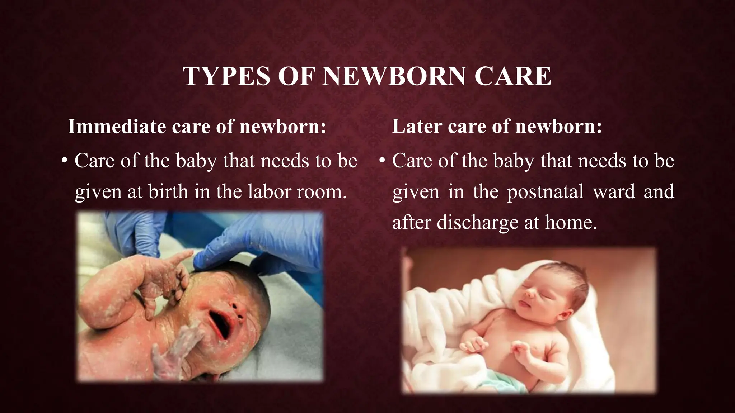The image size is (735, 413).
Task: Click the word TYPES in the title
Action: pos(226,76)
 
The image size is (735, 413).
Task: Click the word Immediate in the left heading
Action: pos(117,127)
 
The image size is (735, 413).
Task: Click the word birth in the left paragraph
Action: pos(168,192)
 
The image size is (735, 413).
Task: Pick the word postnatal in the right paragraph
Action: pos(545,192)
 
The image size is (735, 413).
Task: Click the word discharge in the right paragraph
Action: pos(477,223)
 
